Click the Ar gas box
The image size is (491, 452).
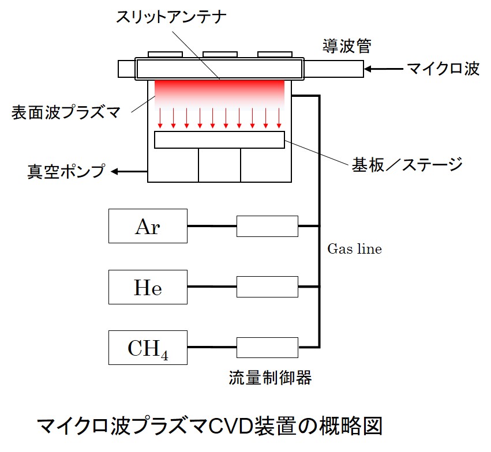point(148,225)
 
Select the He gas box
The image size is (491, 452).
point(148,287)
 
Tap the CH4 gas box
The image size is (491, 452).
point(148,348)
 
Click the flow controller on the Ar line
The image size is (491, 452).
point(267,225)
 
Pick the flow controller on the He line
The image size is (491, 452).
point(267,287)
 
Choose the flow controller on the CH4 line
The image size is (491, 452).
point(267,348)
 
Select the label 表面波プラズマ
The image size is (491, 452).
point(66,111)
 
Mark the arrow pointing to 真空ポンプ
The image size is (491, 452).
point(129,171)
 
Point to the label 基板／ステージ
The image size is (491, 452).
point(407,165)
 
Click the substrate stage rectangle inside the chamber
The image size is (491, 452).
point(219,140)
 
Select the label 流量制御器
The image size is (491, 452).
point(270,378)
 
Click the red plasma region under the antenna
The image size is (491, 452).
point(219,92)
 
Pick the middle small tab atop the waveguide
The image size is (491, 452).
point(220,54)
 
